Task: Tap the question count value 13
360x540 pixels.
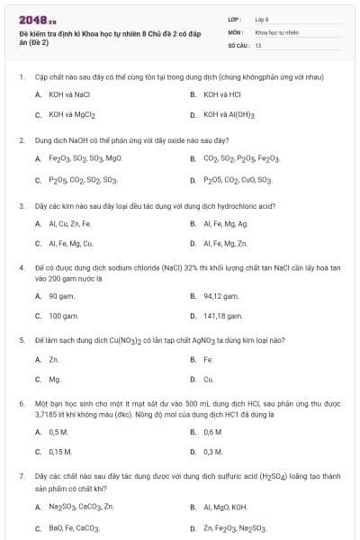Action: [x=258, y=44]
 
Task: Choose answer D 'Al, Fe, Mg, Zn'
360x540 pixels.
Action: [x=226, y=244]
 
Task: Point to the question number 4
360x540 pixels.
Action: [x=21, y=267]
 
